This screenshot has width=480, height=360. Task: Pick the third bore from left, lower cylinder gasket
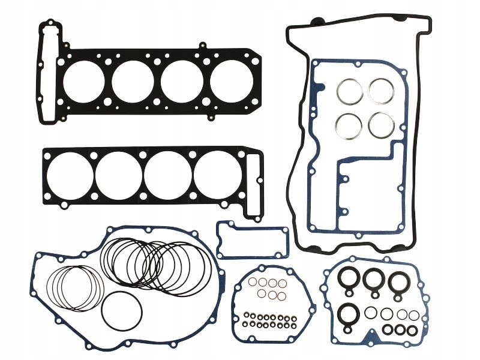coord(167,170)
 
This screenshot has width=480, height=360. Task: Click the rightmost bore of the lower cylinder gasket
coord(216,170)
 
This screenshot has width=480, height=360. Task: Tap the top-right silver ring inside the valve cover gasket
coord(380,91)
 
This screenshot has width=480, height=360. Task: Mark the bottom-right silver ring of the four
coord(382,124)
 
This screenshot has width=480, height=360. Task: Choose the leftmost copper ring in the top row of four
coord(253,283)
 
